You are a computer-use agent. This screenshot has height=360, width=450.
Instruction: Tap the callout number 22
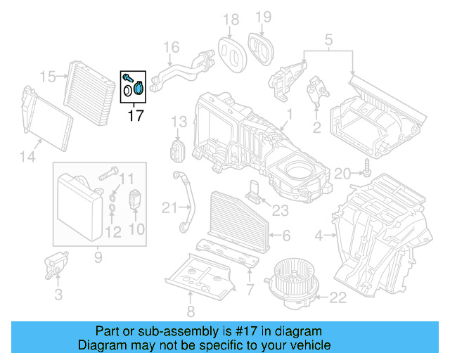click(338, 299)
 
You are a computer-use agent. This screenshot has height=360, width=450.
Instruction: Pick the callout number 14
click(27, 157)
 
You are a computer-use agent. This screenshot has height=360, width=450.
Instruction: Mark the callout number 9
click(97, 257)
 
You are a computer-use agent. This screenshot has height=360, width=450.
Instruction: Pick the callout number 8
click(189, 312)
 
